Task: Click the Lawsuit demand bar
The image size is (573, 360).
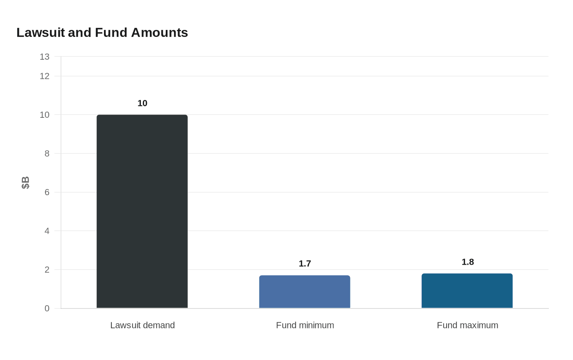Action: pyautogui.click(x=142, y=211)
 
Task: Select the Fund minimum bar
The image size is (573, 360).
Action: pyautogui.click(x=305, y=292)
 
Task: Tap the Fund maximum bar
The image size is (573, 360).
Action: pyautogui.click(x=467, y=291)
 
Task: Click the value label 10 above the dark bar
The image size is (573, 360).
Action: pyautogui.click(x=142, y=103)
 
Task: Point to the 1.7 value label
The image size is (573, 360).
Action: pyautogui.click(x=305, y=263)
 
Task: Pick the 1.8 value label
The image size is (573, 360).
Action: pyautogui.click(x=467, y=262)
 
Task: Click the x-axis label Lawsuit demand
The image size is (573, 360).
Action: pyautogui.click(x=142, y=325)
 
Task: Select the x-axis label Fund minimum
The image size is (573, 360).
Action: pyautogui.click(x=305, y=325)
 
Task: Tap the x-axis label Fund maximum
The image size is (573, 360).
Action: pyautogui.click(x=467, y=325)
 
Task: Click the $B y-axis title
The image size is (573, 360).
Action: pyautogui.click(x=25, y=182)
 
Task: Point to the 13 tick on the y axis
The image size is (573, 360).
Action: pyautogui.click(x=45, y=57)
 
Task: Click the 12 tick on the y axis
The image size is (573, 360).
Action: pyautogui.click(x=45, y=76)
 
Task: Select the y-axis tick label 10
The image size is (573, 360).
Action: pyautogui.click(x=45, y=115)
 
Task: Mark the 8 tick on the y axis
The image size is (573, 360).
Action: pyautogui.click(x=47, y=153)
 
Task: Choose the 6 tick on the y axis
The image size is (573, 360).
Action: pyautogui.click(x=47, y=192)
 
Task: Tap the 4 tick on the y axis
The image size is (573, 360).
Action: pyautogui.click(x=47, y=231)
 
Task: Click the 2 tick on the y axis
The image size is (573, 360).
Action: pyautogui.click(x=47, y=270)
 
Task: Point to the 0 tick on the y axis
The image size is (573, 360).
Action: pyautogui.click(x=47, y=308)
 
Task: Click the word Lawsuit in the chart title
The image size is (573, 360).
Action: pyautogui.click(x=41, y=32)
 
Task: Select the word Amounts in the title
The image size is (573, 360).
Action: pyautogui.click(x=159, y=32)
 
